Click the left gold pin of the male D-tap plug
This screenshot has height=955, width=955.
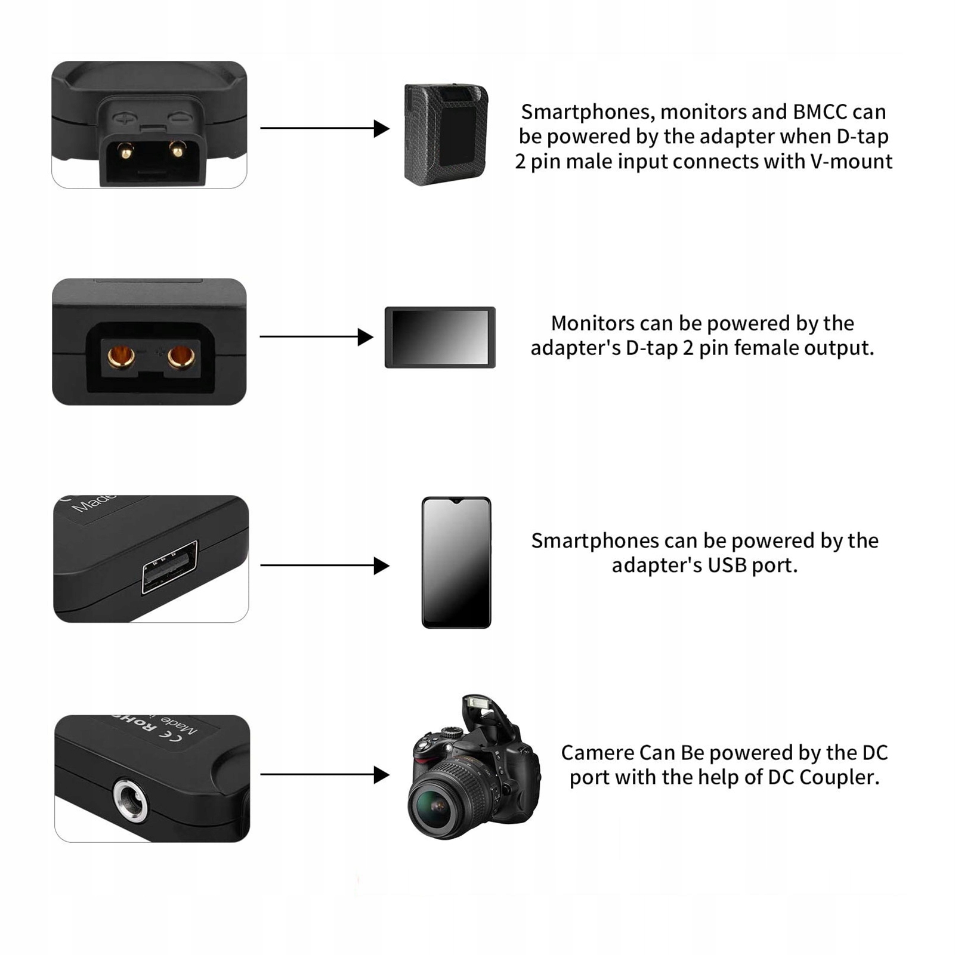point(125,152)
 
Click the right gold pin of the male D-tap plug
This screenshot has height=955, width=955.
point(177,149)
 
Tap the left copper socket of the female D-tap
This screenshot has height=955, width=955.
point(121,357)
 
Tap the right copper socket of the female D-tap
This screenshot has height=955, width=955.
point(181,357)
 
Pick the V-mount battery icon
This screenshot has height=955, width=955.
point(446,134)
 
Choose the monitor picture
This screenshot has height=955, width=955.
point(440,338)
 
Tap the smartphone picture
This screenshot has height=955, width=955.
point(456,563)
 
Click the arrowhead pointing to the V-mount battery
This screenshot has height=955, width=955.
point(381,128)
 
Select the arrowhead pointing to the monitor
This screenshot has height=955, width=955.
point(365,337)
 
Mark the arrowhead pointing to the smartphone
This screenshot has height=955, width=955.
point(381,565)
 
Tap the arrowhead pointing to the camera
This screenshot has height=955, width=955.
point(381,775)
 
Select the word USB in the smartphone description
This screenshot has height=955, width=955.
point(727,565)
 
